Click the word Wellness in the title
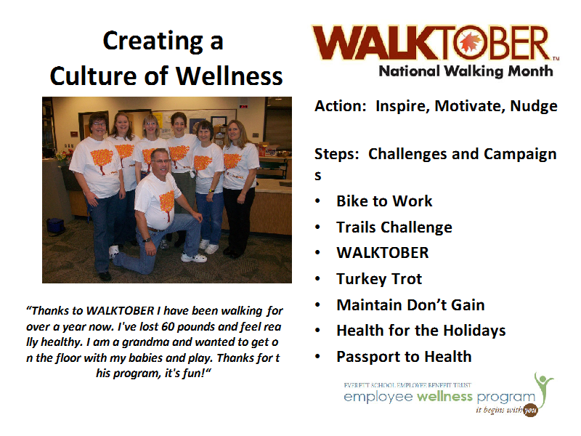click(229, 76)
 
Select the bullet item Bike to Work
click(384, 201)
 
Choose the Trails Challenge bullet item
click(394, 227)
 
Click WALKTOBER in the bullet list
click(383, 253)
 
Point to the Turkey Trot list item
click(379, 279)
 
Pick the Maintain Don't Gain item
click(410, 304)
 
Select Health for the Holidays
click(421, 331)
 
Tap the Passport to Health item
click(404, 357)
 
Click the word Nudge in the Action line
click(534, 106)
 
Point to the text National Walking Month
click(466, 71)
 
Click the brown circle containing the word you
click(530, 410)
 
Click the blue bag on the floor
click(56, 226)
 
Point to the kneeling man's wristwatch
click(147, 241)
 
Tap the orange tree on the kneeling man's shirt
click(168, 204)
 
